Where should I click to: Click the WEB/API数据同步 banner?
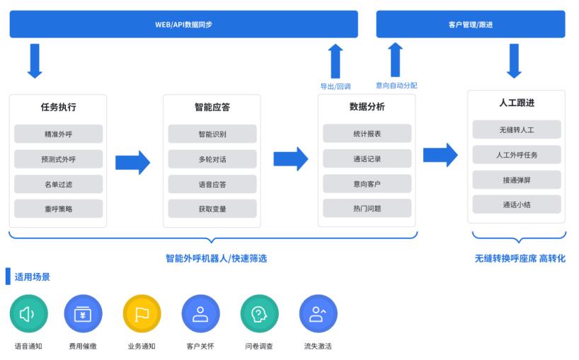[x=183, y=24]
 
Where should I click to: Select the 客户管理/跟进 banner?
[x=470, y=24]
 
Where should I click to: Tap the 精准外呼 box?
[x=58, y=134]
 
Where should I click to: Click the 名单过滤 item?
[x=58, y=184]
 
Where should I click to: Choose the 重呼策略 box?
[x=58, y=209]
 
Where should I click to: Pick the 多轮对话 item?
[x=212, y=159]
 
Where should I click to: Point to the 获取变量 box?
[x=212, y=209]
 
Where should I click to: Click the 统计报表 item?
[x=367, y=133]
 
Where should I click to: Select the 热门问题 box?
[x=367, y=208]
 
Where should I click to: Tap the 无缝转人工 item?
[x=516, y=129]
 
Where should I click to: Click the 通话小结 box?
[x=516, y=204]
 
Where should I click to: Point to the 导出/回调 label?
[x=336, y=86]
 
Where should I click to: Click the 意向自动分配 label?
[x=396, y=86]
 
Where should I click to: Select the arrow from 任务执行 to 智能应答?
[x=133, y=162]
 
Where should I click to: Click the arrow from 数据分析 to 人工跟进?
[x=440, y=155]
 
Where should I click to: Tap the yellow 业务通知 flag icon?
[x=142, y=313]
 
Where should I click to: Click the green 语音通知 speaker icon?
[x=28, y=313]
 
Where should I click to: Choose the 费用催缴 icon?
[x=84, y=313]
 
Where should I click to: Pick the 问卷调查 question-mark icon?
[x=259, y=313]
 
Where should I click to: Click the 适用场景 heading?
[x=32, y=277]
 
